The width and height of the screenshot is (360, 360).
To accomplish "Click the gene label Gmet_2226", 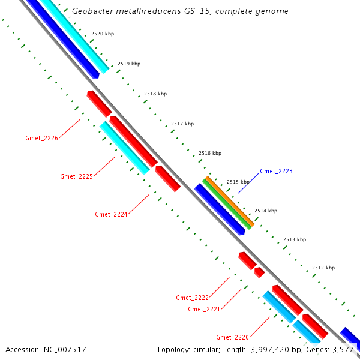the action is [41, 139].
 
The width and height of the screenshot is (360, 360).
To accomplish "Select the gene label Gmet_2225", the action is [76, 176].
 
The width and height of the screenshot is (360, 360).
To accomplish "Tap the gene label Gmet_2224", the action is [111, 214].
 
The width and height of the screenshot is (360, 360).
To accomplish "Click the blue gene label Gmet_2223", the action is [276, 172].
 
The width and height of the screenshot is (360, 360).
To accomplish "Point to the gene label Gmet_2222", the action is [192, 298].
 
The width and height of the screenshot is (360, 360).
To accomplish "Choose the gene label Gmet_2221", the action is [204, 309].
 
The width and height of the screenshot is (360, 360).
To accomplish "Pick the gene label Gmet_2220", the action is [232, 337].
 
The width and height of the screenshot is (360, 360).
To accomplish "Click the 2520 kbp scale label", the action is [103, 34].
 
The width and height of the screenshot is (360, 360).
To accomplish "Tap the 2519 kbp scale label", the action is [129, 64].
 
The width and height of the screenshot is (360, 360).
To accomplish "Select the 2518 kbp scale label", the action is [155, 94].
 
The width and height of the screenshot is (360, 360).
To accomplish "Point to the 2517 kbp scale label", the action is [182, 124].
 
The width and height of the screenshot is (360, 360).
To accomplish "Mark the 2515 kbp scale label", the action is [238, 182].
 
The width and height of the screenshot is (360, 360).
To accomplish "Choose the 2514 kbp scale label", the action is [266, 211].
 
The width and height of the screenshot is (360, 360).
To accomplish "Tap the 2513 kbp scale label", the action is [295, 239].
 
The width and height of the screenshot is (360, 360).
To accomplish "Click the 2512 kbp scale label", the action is [323, 268].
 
